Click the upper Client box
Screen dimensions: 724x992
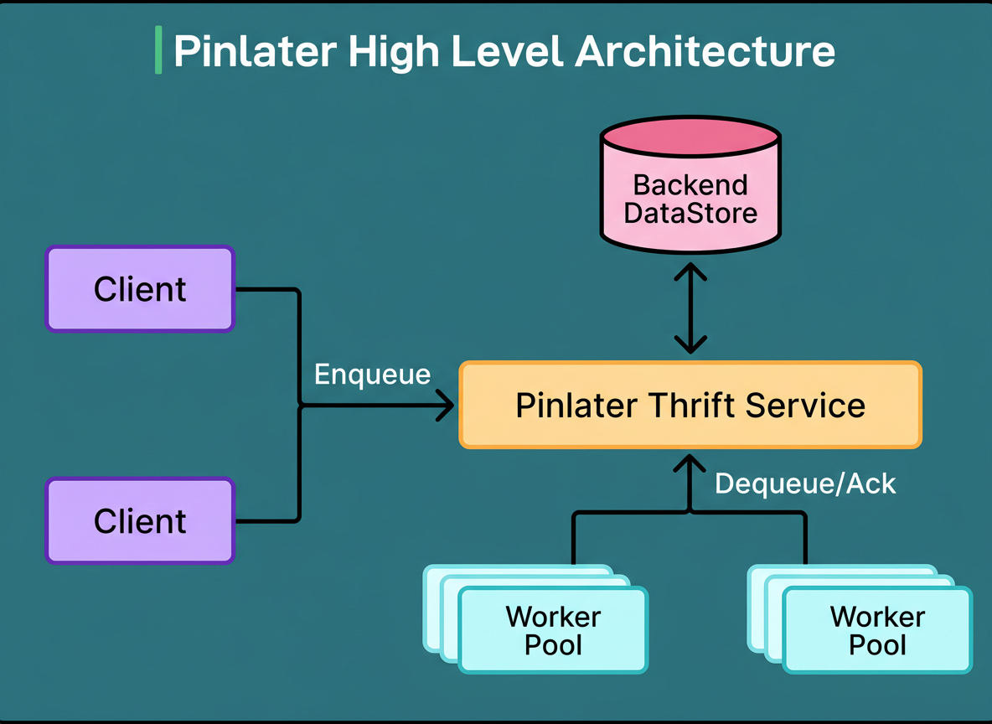140,289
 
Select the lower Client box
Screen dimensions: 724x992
140,520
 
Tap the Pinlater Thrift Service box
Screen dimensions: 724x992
690,405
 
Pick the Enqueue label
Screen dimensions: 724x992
372,374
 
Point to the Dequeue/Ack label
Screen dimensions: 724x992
805,484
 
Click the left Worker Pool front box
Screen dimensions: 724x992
553,630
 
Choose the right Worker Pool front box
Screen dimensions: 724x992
877,630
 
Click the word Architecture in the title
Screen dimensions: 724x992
705,51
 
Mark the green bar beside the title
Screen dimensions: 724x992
158,50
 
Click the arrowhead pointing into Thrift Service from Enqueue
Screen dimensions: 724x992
445,406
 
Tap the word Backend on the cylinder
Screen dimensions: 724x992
690,184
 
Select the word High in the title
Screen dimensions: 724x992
390,51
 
